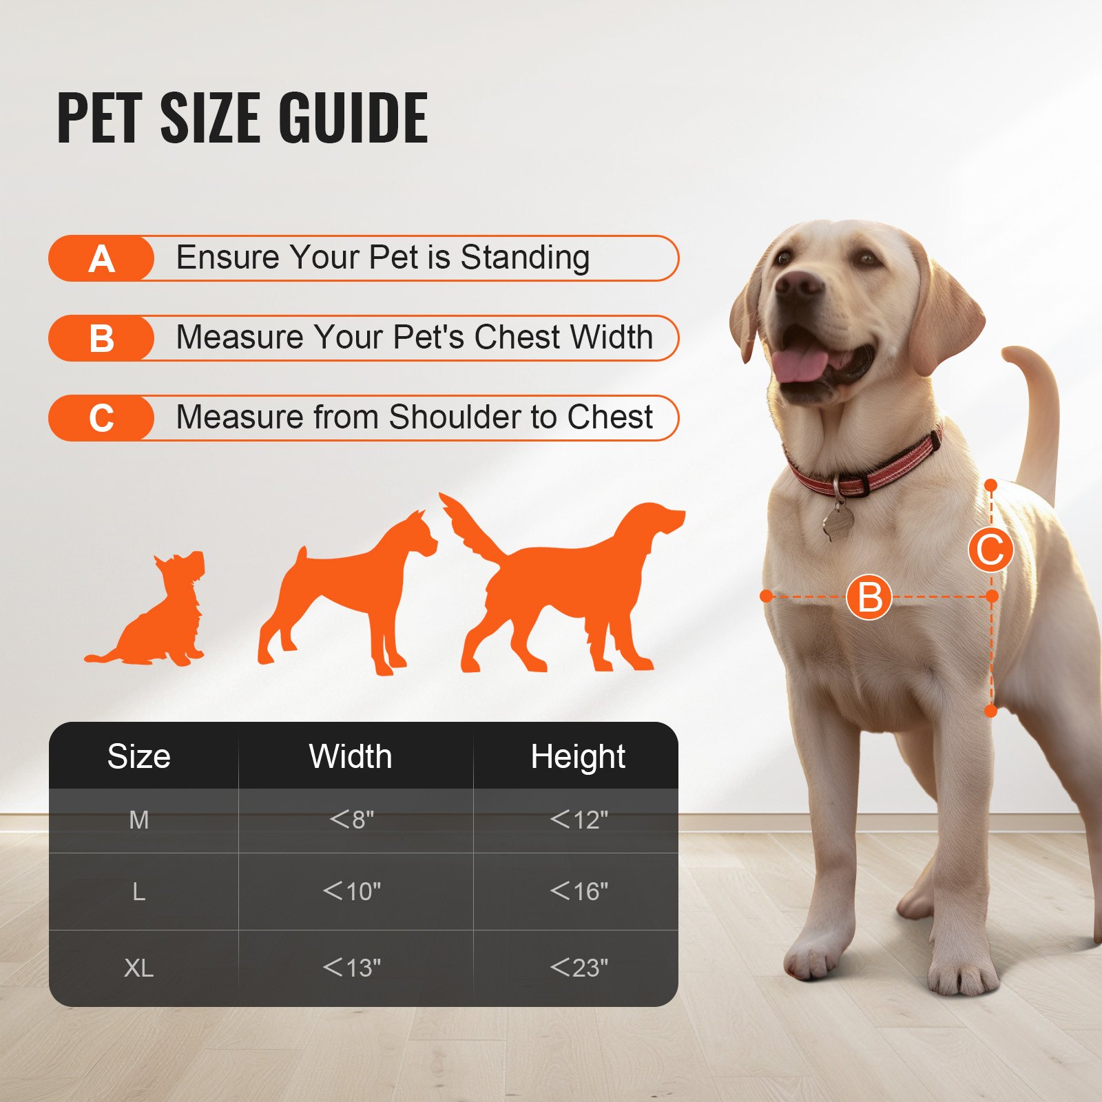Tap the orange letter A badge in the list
[101, 259]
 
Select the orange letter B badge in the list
[101, 339]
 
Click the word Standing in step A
[525, 258]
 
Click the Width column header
[351, 756]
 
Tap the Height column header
[578, 756]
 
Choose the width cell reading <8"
[351, 820]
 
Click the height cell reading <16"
[579, 891]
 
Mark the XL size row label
[138, 968]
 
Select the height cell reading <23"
[579, 968]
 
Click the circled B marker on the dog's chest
[869, 597]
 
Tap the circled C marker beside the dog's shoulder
[990, 550]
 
